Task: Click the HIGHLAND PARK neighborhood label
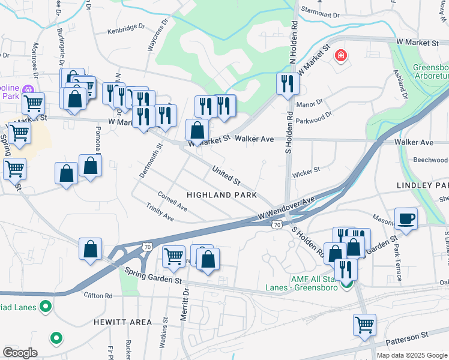(x=221, y=195)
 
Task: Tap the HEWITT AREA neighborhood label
(x=122, y=322)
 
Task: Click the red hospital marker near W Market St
(x=341, y=56)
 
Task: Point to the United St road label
(x=226, y=175)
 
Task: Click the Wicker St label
(x=306, y=173)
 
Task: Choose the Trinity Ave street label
(x=160, y=211)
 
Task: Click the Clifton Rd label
(x=98, y=296)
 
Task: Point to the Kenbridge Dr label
(x=127, y=30)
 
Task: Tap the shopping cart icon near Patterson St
(x=364, y=325)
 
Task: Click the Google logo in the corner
(x=20, y=353)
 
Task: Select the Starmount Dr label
(x=320, y=13)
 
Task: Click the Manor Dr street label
(x=310, y=104)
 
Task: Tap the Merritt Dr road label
(x=185, y=305)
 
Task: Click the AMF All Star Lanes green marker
(x=347, y=284)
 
